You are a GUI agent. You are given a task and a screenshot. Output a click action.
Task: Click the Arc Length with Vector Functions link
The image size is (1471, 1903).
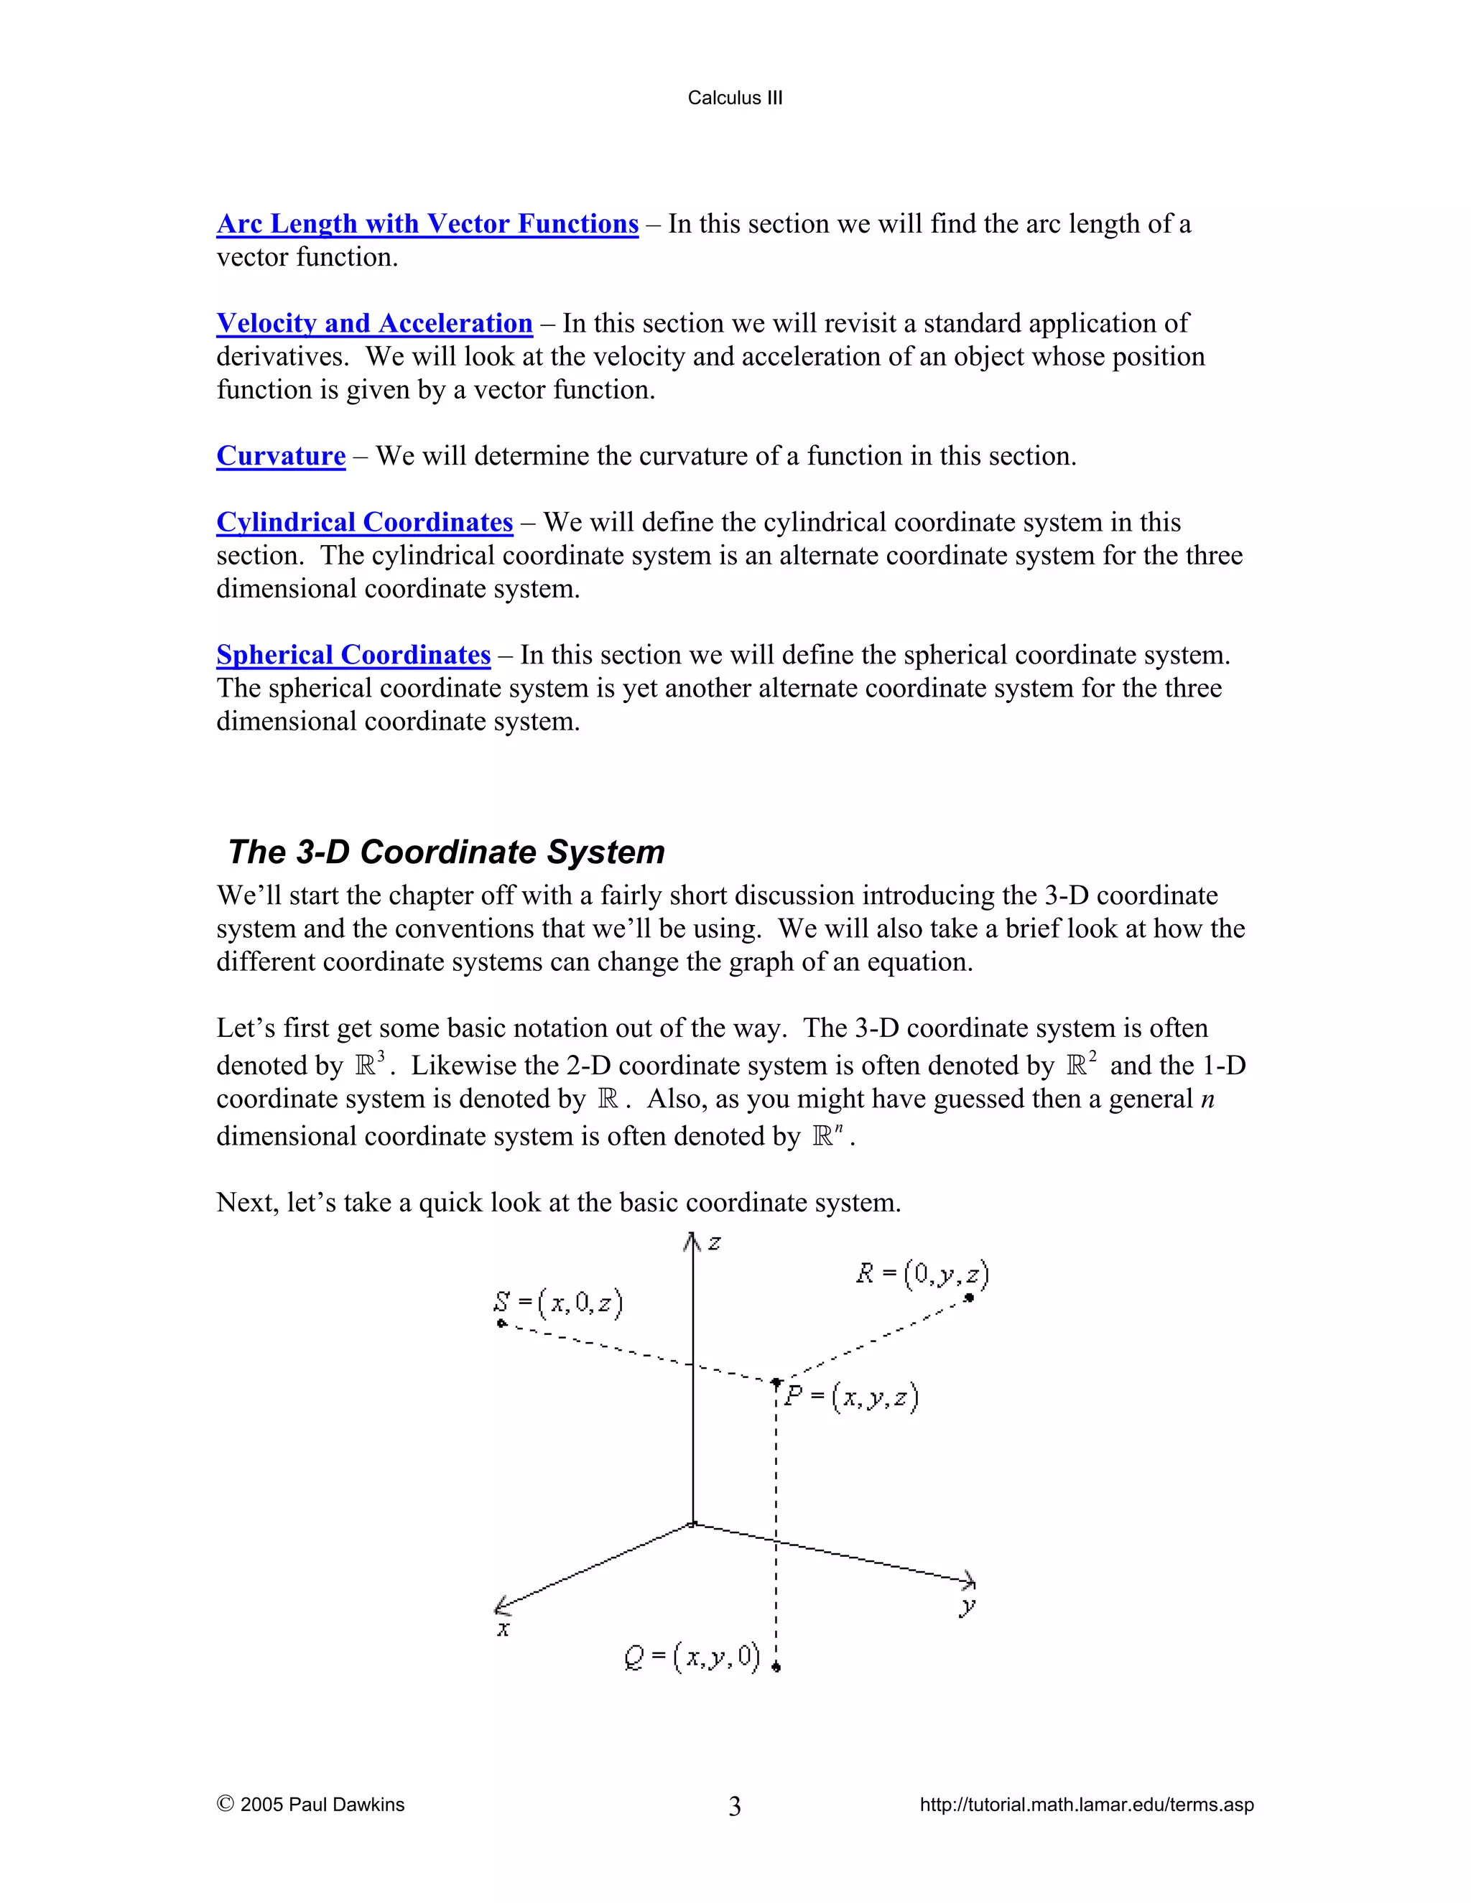[427, 224]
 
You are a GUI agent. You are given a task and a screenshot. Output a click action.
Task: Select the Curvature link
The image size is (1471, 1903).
[281, 456]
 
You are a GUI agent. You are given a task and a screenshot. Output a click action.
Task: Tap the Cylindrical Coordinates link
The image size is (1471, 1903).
[364, 522]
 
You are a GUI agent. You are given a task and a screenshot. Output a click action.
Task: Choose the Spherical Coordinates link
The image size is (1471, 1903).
[353, 654]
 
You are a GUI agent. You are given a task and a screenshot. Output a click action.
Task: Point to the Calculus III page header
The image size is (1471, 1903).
[735, 98]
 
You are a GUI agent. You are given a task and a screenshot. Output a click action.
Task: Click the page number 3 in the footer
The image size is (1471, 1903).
[735, 1806]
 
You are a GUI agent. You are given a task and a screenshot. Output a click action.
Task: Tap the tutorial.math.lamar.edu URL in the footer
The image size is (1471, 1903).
[1087, 1805]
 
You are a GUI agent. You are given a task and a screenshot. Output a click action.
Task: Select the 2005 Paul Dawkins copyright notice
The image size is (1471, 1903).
[310, 1805]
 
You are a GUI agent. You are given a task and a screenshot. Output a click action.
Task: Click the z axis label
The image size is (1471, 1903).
[715, 1243]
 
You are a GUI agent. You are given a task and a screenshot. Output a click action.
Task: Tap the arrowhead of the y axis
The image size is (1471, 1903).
[970, 1580]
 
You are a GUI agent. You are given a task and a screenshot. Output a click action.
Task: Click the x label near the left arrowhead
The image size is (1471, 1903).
[503, 1629]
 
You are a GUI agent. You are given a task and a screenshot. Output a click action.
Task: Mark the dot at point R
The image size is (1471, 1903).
[968, 1298]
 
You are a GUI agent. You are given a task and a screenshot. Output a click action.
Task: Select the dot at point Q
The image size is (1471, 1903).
[776, 1667]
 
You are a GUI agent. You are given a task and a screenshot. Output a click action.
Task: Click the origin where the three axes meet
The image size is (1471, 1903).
[693, 1523]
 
